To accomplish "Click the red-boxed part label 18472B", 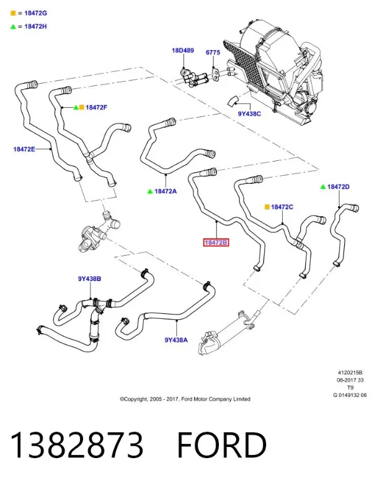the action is [x=216, y=242].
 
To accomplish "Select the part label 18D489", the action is [x=183, y=50].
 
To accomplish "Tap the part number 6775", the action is [x=213, y=53].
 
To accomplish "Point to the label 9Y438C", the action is [x=249, y=114].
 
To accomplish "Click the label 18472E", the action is [x=24, y=149].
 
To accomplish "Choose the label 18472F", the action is [x=96, y=108].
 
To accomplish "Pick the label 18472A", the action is [x=166, y=191].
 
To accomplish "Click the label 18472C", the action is [x=282, y=207].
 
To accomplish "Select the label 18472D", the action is [x=339, y=186].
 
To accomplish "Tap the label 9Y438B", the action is [x=89, y=279].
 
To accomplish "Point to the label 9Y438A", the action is [x=176, y=340].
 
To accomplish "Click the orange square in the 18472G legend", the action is [x=13, y=13].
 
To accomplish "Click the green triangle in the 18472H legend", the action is [x=13, y=27].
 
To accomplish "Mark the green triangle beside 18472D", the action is [x=323, y=187].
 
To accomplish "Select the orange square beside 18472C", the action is [x=267, y=207].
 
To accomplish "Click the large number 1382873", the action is [x=77, y=445].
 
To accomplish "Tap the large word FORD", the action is [x=222, y=445].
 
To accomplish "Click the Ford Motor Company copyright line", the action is [x=185, y=399].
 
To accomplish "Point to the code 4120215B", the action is [x=350, y=373].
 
